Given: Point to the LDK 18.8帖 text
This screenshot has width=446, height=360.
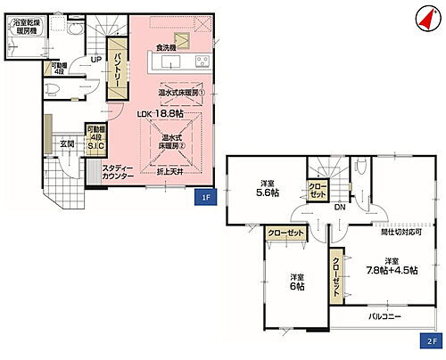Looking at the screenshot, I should tap(161, 115).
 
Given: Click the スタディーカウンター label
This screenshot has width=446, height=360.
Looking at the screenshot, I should tap(118, 172).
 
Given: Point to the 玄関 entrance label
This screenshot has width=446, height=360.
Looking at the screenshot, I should tap(67, 143).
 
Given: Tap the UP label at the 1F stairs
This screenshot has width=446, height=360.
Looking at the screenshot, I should tap(94, 61).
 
